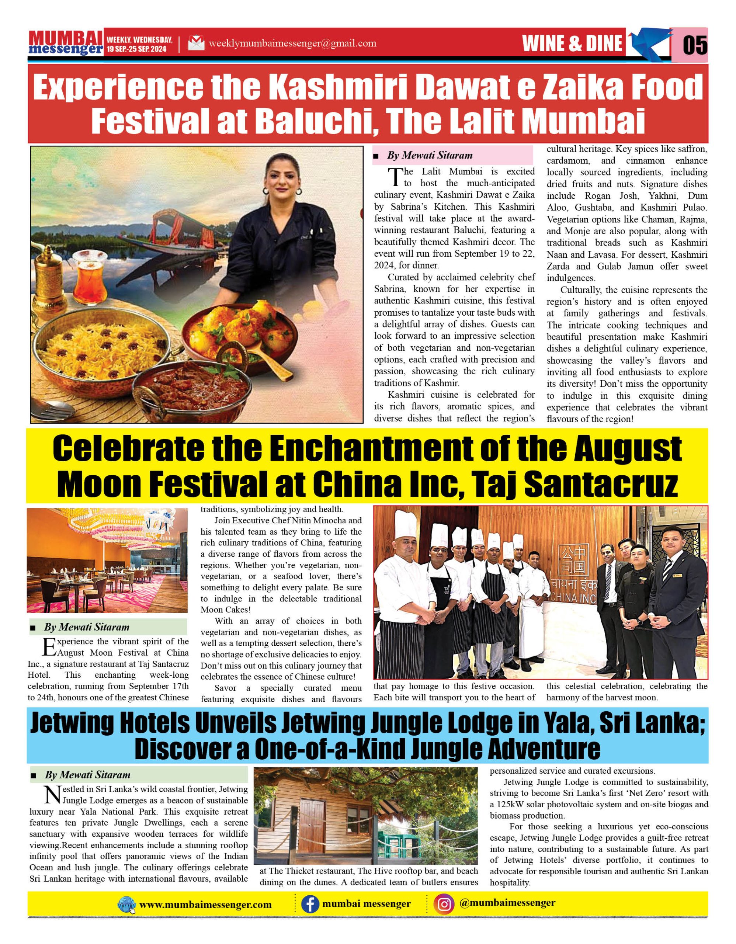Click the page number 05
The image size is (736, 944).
[695, 45]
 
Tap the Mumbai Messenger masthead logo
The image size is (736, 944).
[66, 43]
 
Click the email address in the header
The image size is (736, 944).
[292, 43]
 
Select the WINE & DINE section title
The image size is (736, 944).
[572, 44]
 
